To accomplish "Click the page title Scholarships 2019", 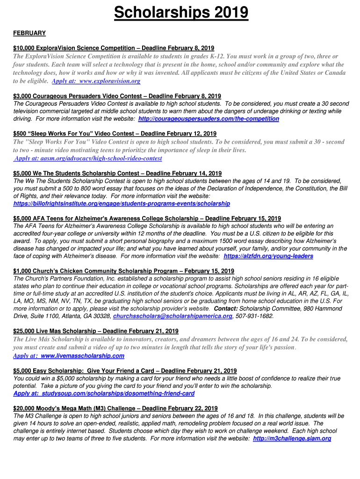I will click(181, 13).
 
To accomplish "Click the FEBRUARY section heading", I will click(29, 33).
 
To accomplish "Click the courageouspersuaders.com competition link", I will click(209, 119).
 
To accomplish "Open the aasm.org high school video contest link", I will click(89, 158).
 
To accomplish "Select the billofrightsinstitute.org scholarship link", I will click(122, 203).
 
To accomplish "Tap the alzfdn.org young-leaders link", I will click(268, 256).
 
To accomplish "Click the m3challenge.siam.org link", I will click(292, 438).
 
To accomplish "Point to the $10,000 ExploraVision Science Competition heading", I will click(114, 48).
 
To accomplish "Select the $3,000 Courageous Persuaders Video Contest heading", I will click(117, 96).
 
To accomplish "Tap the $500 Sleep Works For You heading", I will click(115, 133).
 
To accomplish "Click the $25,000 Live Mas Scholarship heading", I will click(96, 331).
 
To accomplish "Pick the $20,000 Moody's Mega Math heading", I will click(115, 408).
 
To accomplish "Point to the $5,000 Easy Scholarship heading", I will click(125, 371).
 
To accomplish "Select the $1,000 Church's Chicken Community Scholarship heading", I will click(123, 271).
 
